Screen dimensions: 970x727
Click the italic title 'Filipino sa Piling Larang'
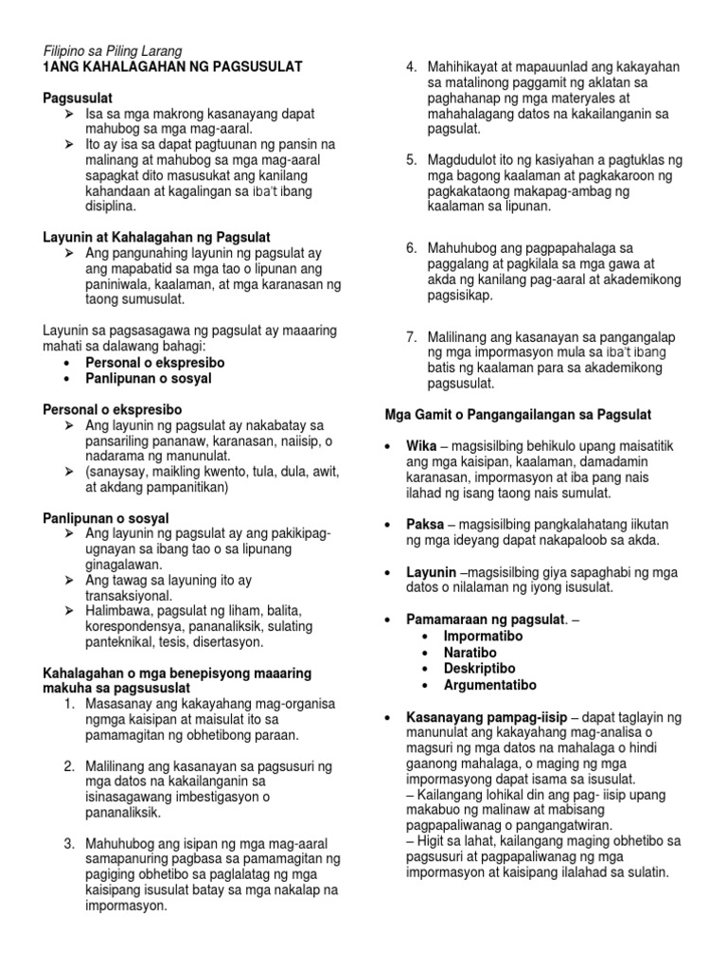pyautogui.click(x=113, y=50)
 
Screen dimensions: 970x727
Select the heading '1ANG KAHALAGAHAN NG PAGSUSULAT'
pyautogui.click(x=173, y=66)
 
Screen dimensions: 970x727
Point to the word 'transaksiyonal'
pyautogui.click(x=129, y=596)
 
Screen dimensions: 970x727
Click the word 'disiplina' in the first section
pyautogui.click(x=111, y=205)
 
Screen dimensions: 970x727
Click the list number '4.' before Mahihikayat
pyautogui.click(x=412, y=66)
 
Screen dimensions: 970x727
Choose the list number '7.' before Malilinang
pyautogui.click(x=412, y=337)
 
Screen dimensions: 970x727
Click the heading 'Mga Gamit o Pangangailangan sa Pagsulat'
pyautogui.click(x=517, y=415)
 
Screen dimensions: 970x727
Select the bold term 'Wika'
pyautogui.click(x=420, y=446)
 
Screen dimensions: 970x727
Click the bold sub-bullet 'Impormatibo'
pyautogui.click(x=484, y=637)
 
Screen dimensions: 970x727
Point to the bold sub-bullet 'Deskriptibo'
pyautogui.click(x=480, y=669)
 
